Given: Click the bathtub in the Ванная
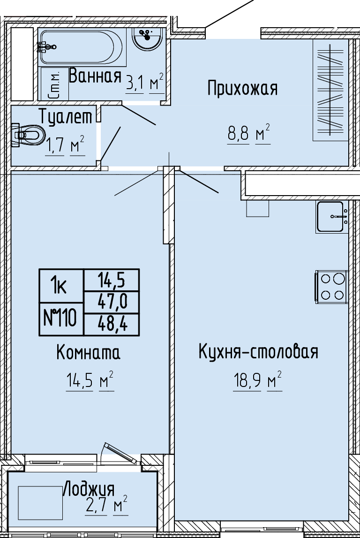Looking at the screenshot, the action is pos(82,47).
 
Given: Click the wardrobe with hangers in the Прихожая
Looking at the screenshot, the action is pos(330,90).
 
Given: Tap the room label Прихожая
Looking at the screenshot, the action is pos(242,88).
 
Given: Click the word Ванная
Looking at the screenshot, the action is pos(95,76).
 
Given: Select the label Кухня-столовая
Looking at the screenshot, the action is pos(258,352).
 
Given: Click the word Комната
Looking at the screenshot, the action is pos(88,352).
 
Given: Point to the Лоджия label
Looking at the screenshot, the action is pos(89,489).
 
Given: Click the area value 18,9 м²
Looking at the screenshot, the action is pos(258,380).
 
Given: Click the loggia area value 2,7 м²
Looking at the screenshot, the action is pos(107,505).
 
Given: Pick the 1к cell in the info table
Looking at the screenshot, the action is pos(61,286).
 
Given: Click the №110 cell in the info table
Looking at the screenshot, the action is pos(61,319).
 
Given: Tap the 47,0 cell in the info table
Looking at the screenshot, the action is pos(112,302).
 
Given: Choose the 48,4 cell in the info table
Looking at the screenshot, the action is pos(112,324).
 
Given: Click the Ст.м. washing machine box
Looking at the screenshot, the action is pos(55,84).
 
